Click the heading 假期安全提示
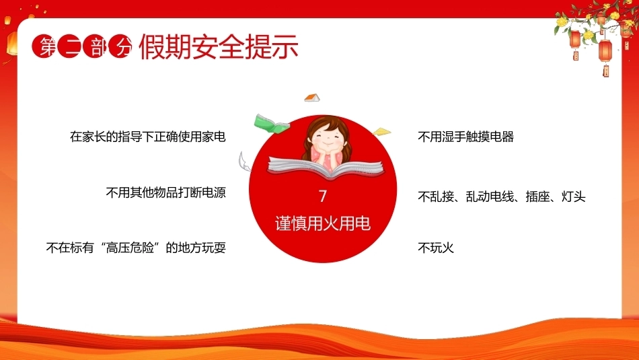click(x=219, y=47)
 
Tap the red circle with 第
click(x=44, y=46)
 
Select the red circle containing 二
click(x=70, y=46)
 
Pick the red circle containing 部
click(x=95, y=46)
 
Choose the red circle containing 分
click(x=120, y=46)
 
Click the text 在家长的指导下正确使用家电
click(x=148, y=137)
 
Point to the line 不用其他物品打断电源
click(x=166, y=192)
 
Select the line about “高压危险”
click(x=136, y=248)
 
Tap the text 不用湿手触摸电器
click(x=466, y=137)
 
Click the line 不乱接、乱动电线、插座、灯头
click(x=502, y=197)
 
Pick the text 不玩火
click(x=436, y=248)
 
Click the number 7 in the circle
click(x=323, y=196)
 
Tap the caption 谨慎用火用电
click(x=323, y=223)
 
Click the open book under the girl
click(x=326, y=167)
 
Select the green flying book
click(x=271, y=124)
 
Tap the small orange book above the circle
click(x=312, y=98)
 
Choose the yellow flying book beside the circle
click(x=381, y=132)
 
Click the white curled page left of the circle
click(x=245, y=161)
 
